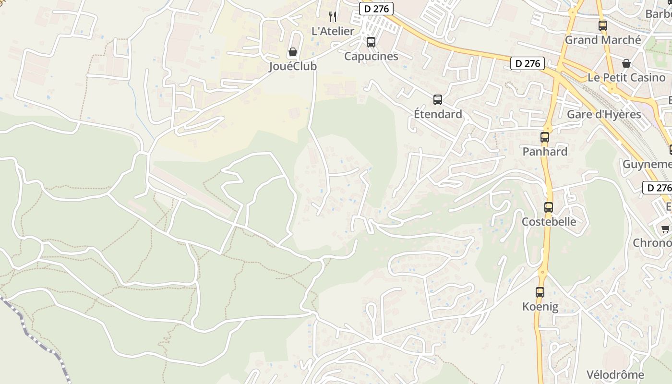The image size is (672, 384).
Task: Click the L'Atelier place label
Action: click(333, 31)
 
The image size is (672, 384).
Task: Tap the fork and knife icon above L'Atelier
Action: click(333, 17)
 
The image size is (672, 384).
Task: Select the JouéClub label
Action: click(292, 66)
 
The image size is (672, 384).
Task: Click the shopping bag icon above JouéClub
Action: click(292, 52)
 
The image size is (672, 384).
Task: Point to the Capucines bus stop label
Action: click(371, 56)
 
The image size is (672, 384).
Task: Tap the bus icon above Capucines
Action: click(371, 42)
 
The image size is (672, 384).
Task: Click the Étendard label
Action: click(438, 114)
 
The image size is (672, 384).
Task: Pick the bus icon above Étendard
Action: click(438, 100)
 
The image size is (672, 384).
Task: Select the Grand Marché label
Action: click(602, 40)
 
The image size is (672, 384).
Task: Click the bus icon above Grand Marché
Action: click(602, 26)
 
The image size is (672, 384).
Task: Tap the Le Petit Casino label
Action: click(626, 78)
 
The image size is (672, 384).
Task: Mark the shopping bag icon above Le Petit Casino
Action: click(626, 63)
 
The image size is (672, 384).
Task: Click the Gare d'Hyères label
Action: click(604, 114)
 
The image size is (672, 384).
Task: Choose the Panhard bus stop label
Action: click(545, 152)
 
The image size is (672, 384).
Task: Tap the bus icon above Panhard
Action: click(545, 137)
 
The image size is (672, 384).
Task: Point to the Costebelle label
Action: click(549, 222)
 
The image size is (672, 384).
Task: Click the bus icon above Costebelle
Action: click(549, 207)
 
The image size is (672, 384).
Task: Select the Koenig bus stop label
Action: click(540, 306)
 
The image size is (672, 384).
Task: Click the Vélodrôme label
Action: click(615, 374)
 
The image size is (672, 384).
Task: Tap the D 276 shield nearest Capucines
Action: click(376, 9)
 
